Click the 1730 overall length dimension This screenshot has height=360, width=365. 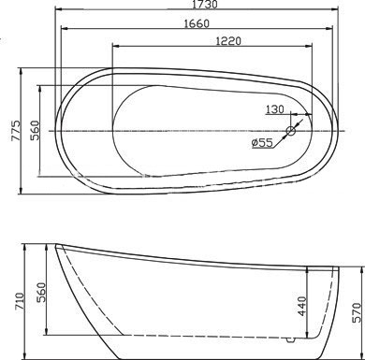click(204, 5)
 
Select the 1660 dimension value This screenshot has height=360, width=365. click(197, 23)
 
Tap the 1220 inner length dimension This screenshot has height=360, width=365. click(228, 41)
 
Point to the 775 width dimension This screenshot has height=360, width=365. click(16, 131)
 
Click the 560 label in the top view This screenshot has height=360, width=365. click(35, 131)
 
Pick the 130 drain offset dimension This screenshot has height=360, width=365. click(275, 109)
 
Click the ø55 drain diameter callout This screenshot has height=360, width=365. click(262, 143)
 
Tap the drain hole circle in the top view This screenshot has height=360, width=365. click(291, 131)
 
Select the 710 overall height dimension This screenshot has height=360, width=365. click(19, 301)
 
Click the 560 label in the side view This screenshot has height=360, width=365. click(41, 292)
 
